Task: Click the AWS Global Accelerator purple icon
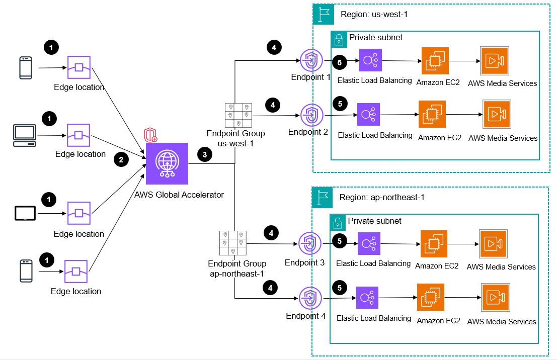pyautogui.click(x=167, y=164)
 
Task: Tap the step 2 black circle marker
pyautogui.click(x=121, y=160)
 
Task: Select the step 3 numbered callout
pyautogui.click(x=205, y=155)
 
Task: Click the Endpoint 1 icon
pyautogui.click(x=309, y=61)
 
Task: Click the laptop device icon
pyautogui.click(x=24, y=134)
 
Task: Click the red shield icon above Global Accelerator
pyautogui.click(x=150, y=134)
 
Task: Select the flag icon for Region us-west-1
pyautogui.click(x=324, y=14)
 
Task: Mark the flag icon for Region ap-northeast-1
pyautogui.click(x=323, y=197)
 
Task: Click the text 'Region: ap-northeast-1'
pyautogui.click(x=382, y=197)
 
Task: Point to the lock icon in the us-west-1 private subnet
pyautogui.click(x=339, y=39)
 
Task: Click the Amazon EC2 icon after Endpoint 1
pyautogui.click(x=434, y=61)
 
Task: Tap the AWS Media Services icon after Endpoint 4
pyautogui.click(x=495, y=298)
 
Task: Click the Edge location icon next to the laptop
pyautogui.click(x=79, y=136)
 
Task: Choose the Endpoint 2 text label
pyautogui.click(x=308, y=132)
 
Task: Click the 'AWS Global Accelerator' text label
pyautogui.click(x=179, y=195)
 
